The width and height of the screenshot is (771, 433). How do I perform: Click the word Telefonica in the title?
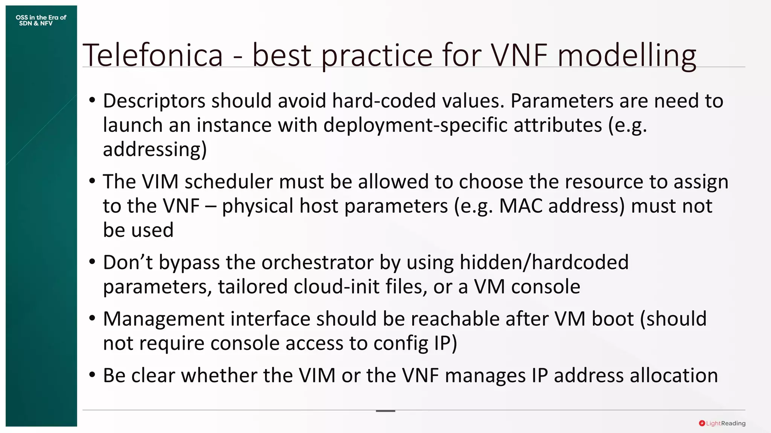coord(152,55)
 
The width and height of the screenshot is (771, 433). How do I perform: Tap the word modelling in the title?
coord(626,55)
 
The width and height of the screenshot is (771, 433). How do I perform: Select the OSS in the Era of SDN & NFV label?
coord(41,20)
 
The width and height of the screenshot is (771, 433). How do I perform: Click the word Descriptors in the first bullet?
coord(154,101)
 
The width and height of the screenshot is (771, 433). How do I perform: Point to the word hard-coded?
coord(384,101)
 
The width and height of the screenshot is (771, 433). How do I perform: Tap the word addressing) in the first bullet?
coord(155,149)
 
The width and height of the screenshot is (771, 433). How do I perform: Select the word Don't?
coord(128,262)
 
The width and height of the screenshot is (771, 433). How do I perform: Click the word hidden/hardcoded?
coord(544,262)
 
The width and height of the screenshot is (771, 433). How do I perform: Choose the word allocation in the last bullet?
coord(673,375)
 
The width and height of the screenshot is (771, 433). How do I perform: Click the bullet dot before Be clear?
coord(92,375)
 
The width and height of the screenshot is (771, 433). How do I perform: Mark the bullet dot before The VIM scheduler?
coord(92,181)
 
